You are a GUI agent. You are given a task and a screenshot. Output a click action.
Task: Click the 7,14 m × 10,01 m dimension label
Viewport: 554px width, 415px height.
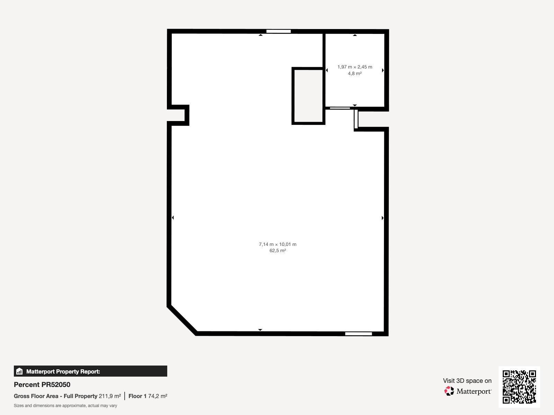coord(278,244)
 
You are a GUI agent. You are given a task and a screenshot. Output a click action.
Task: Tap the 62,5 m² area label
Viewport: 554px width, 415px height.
coord(278,250)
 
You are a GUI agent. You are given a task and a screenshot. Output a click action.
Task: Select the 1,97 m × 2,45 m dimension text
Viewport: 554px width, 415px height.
coord(355,67)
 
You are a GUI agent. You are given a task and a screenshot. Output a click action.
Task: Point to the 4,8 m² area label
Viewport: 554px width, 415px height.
coord(355,73)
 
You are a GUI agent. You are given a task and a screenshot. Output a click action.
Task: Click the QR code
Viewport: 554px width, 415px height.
coord(519,387)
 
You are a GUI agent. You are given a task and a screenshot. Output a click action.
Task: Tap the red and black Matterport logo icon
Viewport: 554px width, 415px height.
coord(449,391)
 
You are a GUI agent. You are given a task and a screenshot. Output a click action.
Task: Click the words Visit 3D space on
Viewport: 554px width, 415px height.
coord(467,381)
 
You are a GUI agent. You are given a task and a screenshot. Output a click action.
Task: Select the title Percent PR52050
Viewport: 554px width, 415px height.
coord(42,385)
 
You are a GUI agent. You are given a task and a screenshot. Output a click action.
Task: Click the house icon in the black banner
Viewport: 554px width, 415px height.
coord(19,371)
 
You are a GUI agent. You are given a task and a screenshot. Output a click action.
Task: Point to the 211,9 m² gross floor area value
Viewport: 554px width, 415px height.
coord(110,396)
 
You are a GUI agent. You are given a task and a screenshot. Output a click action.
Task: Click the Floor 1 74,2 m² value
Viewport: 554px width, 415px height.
coord(148,396)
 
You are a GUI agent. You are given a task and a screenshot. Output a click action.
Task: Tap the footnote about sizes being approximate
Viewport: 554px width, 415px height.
coord(65,406)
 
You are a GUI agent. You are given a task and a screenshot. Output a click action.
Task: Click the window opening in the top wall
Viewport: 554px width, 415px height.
coord(278,31)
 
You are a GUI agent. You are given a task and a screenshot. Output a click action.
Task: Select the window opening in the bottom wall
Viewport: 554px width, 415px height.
coord(358,334)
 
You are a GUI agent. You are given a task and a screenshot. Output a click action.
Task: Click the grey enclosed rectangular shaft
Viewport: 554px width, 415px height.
coord(308,96)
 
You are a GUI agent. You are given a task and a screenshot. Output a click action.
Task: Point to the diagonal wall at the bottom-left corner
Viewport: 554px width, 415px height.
coord(182,320)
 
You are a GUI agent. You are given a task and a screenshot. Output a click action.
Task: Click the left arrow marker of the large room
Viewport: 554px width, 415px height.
coord(173,218)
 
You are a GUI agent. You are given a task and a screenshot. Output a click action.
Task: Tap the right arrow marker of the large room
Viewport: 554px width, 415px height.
coord(383,218)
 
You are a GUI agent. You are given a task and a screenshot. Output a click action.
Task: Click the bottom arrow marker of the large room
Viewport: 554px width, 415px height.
coord(260,330)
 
